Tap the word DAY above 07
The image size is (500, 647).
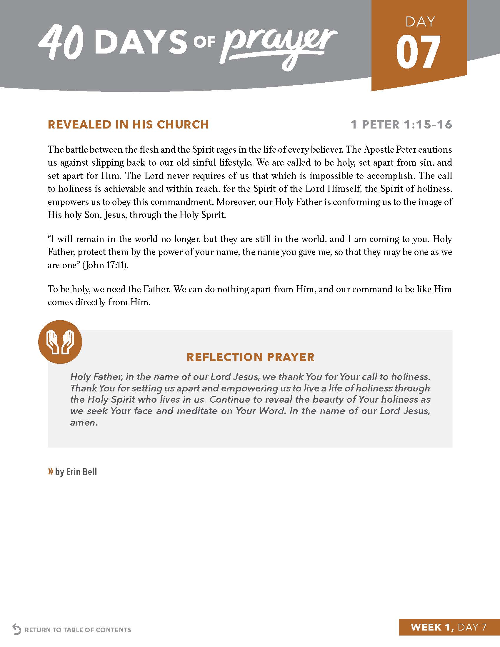tap(420, 22)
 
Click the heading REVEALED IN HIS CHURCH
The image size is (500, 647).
tap(128, 124)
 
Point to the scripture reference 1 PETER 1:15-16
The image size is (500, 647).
tap(401, 124)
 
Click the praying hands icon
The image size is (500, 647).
tap(60, 342)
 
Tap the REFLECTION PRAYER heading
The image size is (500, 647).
tap(250, 357)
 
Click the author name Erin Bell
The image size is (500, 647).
tap(81, 472)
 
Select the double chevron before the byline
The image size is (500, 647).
tap(51, 471)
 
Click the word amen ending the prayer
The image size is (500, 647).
tap(84, 422)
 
